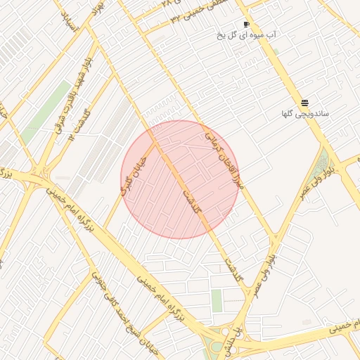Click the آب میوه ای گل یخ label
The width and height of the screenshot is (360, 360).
pyautogui.click(x=246, y=34)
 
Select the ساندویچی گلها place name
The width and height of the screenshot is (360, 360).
pyautogui.click(x=305, y=113)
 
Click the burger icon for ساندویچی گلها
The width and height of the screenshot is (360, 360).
pyautogui.click(x=304, y=103)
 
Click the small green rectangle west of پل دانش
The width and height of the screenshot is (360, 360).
pyautogui.click(x=217, y=301)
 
